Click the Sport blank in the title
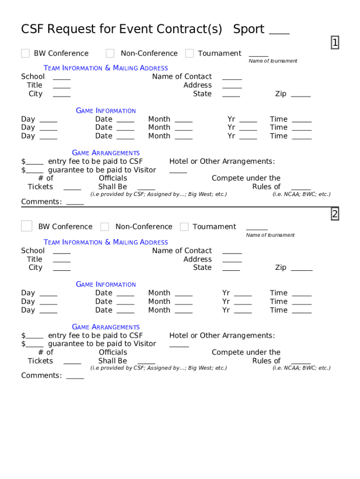(x=279, y=31)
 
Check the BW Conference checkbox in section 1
(x=25, y=53)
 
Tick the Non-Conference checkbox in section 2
(x=105, y=227)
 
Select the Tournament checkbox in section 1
(x=189, y=53)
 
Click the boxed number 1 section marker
(x=335, y=43)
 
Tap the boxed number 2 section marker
(x=335, y=214)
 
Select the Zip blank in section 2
(x=302, y=269)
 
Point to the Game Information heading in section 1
(x=106, y=111)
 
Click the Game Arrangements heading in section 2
(x=106, y=327)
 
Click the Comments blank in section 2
(x=75, y=377)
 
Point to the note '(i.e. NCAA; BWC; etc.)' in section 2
(x=302, y=368)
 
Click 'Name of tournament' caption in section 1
(x=273, y=61)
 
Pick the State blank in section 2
(x=231, y=269)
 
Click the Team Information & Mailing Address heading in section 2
(x=106, y=242)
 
